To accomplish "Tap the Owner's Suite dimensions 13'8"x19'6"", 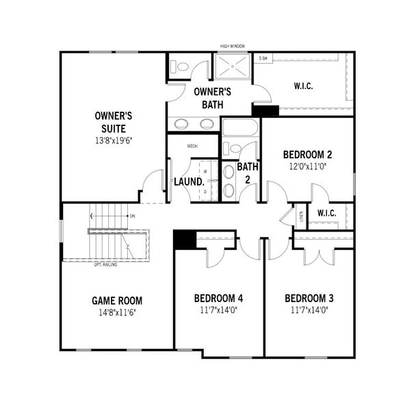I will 114,140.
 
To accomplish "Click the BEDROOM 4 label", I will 218,298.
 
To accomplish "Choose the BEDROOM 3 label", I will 309,298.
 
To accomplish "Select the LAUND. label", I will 189,182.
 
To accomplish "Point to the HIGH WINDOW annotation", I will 233,47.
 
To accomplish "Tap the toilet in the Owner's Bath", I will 180,67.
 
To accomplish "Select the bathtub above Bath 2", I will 239,128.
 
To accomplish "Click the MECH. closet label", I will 193,146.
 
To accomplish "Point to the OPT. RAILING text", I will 105,264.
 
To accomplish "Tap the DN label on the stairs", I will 132,216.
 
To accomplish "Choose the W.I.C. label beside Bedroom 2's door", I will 326,213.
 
